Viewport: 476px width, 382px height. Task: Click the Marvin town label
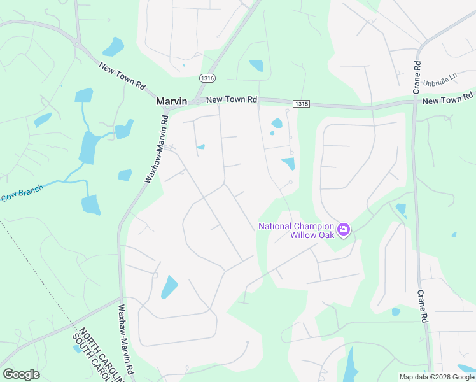pos(172,101)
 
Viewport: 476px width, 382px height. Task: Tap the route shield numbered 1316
pos(206,78)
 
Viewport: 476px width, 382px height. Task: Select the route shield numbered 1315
pos(301,103)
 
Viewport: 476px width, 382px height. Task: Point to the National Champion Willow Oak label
pos(296,230)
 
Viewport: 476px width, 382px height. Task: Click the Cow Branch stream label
pos(22,194)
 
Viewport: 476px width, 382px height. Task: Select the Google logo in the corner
pos(21,374)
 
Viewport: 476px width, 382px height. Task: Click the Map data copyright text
pos(436,377)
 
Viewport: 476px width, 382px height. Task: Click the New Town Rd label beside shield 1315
pos(232,99)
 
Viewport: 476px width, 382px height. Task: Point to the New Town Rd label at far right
pos(448,99)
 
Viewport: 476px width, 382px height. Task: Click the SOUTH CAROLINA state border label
pos(89,360)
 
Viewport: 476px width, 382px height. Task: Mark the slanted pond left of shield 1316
pos(113,46)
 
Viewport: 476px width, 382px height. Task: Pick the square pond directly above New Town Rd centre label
pos(256,65)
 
